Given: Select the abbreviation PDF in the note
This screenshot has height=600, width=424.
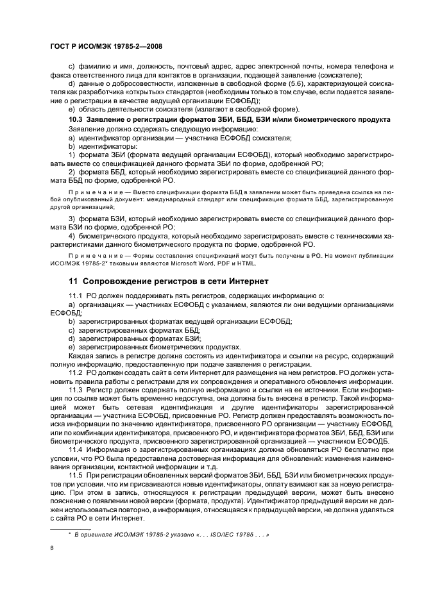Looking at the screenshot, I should pyautogui.click(x=221, y=263).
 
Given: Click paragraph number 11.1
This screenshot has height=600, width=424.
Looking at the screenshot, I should pyautogui.click(x=76, y=296).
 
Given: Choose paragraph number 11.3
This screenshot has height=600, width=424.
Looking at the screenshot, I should pyautogui.click(x=76, y=389).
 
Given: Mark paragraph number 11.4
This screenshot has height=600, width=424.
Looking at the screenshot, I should pyautogui.click(x=76, y=448).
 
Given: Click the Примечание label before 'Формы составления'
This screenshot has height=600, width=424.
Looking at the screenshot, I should pyautogui.click(x=90, y=256).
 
